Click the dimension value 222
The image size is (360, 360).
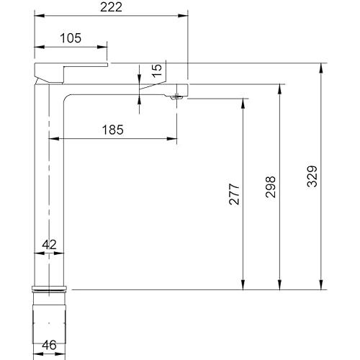pyautogui.click(x=111, y=7)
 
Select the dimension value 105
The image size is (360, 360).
pyautogui.click(x=71, y=38)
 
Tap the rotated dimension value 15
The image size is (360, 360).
pyautogui.click(x=157, y=71)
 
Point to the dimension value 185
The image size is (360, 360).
pyautogui.click(x=113, y=130)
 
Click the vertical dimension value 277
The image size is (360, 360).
pyautogui.click(x=234, y=194)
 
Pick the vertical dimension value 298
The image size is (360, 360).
pyautogui.click(x=271, y=187)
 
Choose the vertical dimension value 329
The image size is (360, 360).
pyautogui.click(x=312, y=176)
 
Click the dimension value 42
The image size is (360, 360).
pyautogui.click(x=49, y=245)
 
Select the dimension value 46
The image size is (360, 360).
pyautogui.click(x=49, y=345)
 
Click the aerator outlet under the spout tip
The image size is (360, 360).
pyautogui.click(x=176, y=97)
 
